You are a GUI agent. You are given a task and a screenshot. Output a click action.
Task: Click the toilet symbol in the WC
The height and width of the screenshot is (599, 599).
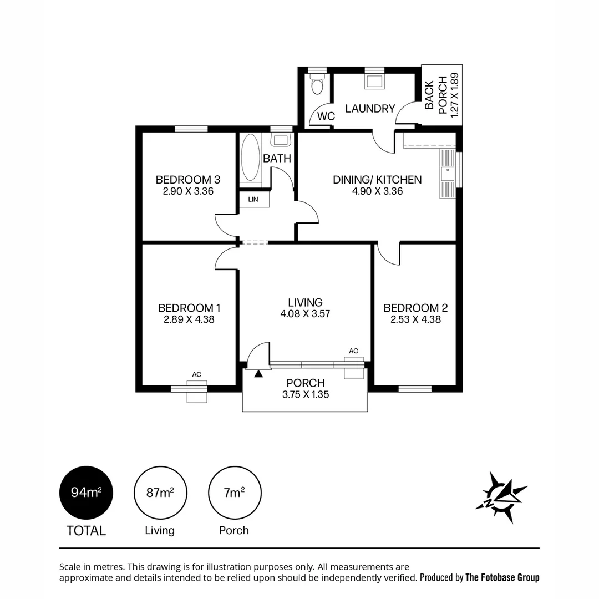[x=318, y=85]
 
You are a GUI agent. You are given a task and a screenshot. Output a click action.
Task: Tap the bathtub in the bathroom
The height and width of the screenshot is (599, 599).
[x=251, y=158]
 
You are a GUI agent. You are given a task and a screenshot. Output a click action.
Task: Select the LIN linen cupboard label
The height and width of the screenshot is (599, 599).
[x=253, y=199]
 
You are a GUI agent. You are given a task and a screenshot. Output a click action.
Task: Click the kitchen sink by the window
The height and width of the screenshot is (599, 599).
[x=446, y=174]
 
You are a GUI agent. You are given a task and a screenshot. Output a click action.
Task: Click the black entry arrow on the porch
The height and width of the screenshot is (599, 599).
[x=258, y=374]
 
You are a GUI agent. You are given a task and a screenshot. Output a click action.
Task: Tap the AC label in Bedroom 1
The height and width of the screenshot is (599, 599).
[x=196, y=375]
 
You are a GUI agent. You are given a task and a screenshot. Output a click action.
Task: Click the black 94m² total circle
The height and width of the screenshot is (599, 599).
[x=86, y=493]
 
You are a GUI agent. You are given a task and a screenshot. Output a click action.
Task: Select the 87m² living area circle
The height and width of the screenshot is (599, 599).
[x=160, y=493]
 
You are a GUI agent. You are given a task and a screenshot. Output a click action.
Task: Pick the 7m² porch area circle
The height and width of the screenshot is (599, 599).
[x=235, y=493]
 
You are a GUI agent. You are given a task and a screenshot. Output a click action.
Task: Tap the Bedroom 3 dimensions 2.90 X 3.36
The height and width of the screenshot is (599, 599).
[x=188, y=191]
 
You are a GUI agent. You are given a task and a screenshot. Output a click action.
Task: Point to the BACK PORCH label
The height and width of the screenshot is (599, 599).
[x=436, y=95]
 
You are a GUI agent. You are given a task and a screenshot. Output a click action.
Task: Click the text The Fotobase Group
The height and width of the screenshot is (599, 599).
[x=502, y=577]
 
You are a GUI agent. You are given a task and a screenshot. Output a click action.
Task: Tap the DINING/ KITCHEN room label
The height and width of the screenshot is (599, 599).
[x=377, y=180]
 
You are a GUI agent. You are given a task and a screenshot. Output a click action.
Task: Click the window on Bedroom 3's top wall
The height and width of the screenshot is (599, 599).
[x=191, y=129]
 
